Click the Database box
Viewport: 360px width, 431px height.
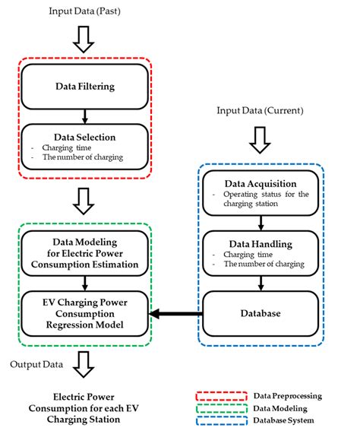[261, 312]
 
